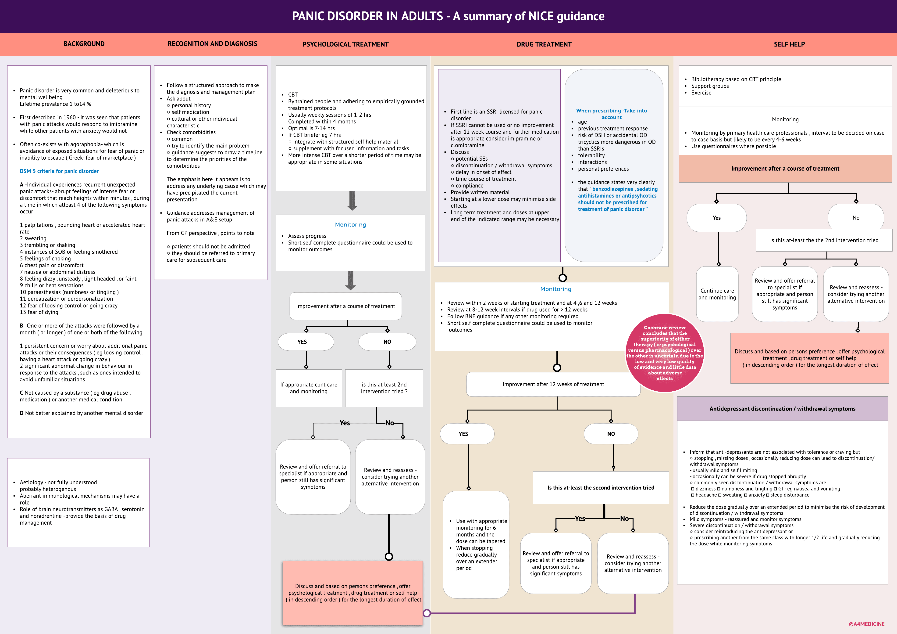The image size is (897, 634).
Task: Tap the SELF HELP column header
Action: pos(789,44)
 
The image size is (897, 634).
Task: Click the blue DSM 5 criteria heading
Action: pos(59,171)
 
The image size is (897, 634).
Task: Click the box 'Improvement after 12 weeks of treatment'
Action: pos(553,384)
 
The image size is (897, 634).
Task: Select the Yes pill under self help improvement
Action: pos(716,218)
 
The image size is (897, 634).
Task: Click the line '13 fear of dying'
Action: pos(39,312)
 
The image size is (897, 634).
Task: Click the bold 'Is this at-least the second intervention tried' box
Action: pos(601,488)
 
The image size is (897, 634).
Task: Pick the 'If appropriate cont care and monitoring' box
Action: pos(308,388)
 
